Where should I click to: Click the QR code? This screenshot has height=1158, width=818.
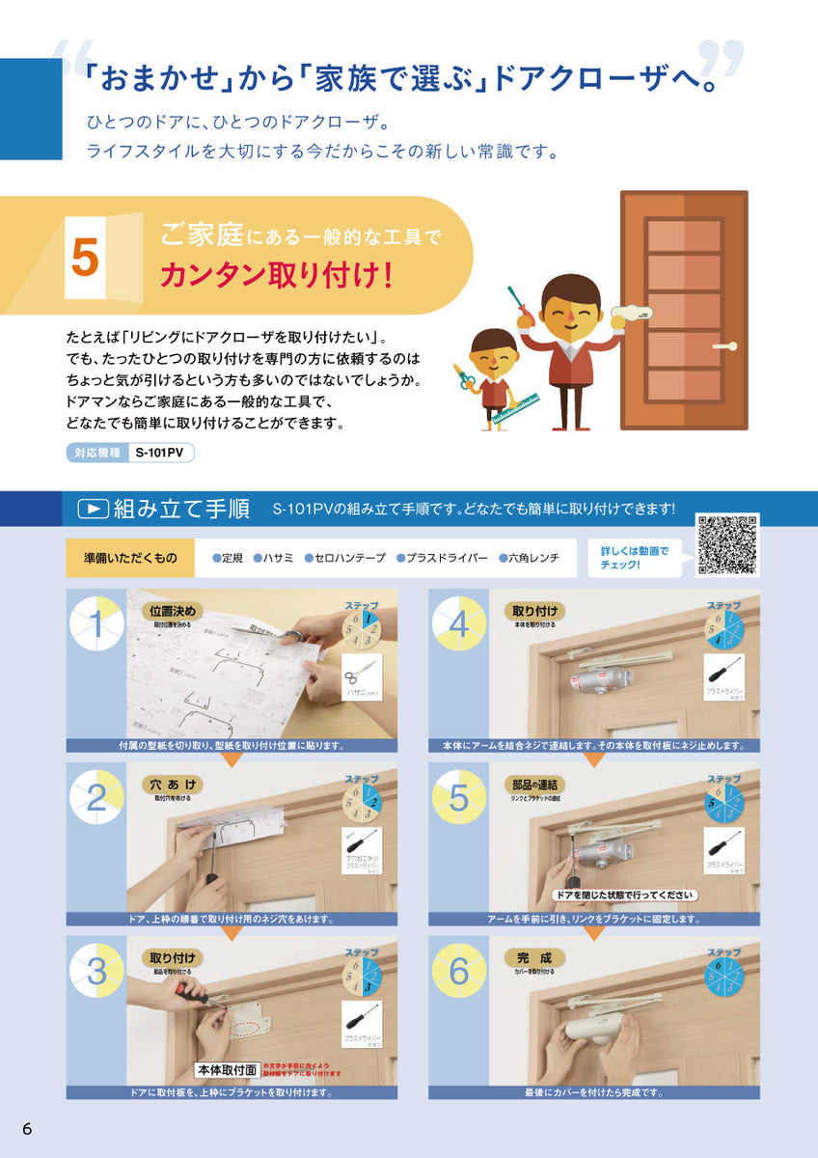(x=727, y=545)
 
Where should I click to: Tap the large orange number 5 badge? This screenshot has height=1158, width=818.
(x=85, y=257)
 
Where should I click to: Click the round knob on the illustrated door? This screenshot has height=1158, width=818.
(x=731, y=345)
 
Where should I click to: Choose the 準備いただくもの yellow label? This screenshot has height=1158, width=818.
(x=130, y=558)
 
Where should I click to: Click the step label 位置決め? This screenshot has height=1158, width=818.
(x=174, y=610)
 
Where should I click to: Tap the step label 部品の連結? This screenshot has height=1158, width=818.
(x=534, y=784)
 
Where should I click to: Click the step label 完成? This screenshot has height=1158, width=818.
(x=534, y=957)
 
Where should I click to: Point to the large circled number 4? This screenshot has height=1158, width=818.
(x=459, y=625)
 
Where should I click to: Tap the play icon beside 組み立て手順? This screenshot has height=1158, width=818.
(x=92, y=509)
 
